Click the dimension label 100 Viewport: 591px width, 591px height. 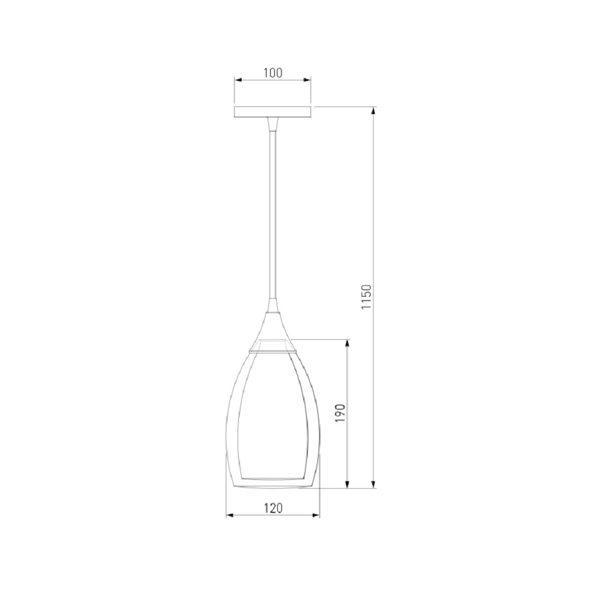point(272,72)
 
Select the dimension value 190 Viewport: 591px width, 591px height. point(340,413)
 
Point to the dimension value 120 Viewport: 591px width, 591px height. point(273,508)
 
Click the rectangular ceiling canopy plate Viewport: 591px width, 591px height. point(272,112)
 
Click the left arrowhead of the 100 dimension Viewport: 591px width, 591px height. point(238,80)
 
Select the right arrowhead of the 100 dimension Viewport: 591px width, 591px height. point(307,80)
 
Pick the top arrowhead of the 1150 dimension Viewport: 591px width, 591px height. point(374,111)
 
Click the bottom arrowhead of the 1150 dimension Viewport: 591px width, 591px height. point(374,485)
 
